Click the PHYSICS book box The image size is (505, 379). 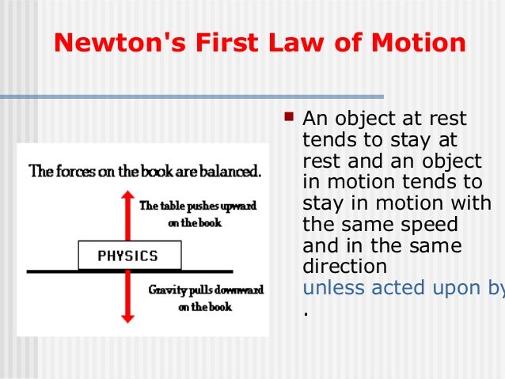click(127, 256)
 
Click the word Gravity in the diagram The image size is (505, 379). click(167, 290)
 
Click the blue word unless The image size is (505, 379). click(330, 288)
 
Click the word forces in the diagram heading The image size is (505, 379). click(74, 170)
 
